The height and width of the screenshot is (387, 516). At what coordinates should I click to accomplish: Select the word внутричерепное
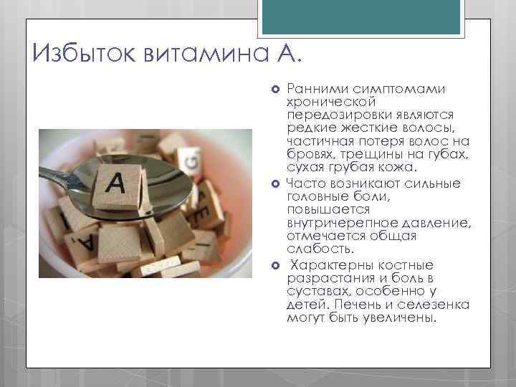pyautogui.click(x=335, y=222)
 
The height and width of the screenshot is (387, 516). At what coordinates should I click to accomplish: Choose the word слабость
pyautogui.click(x=310, y=249)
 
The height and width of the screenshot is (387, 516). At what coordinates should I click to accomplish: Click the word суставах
pyautogui.click(x=314, y=291)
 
